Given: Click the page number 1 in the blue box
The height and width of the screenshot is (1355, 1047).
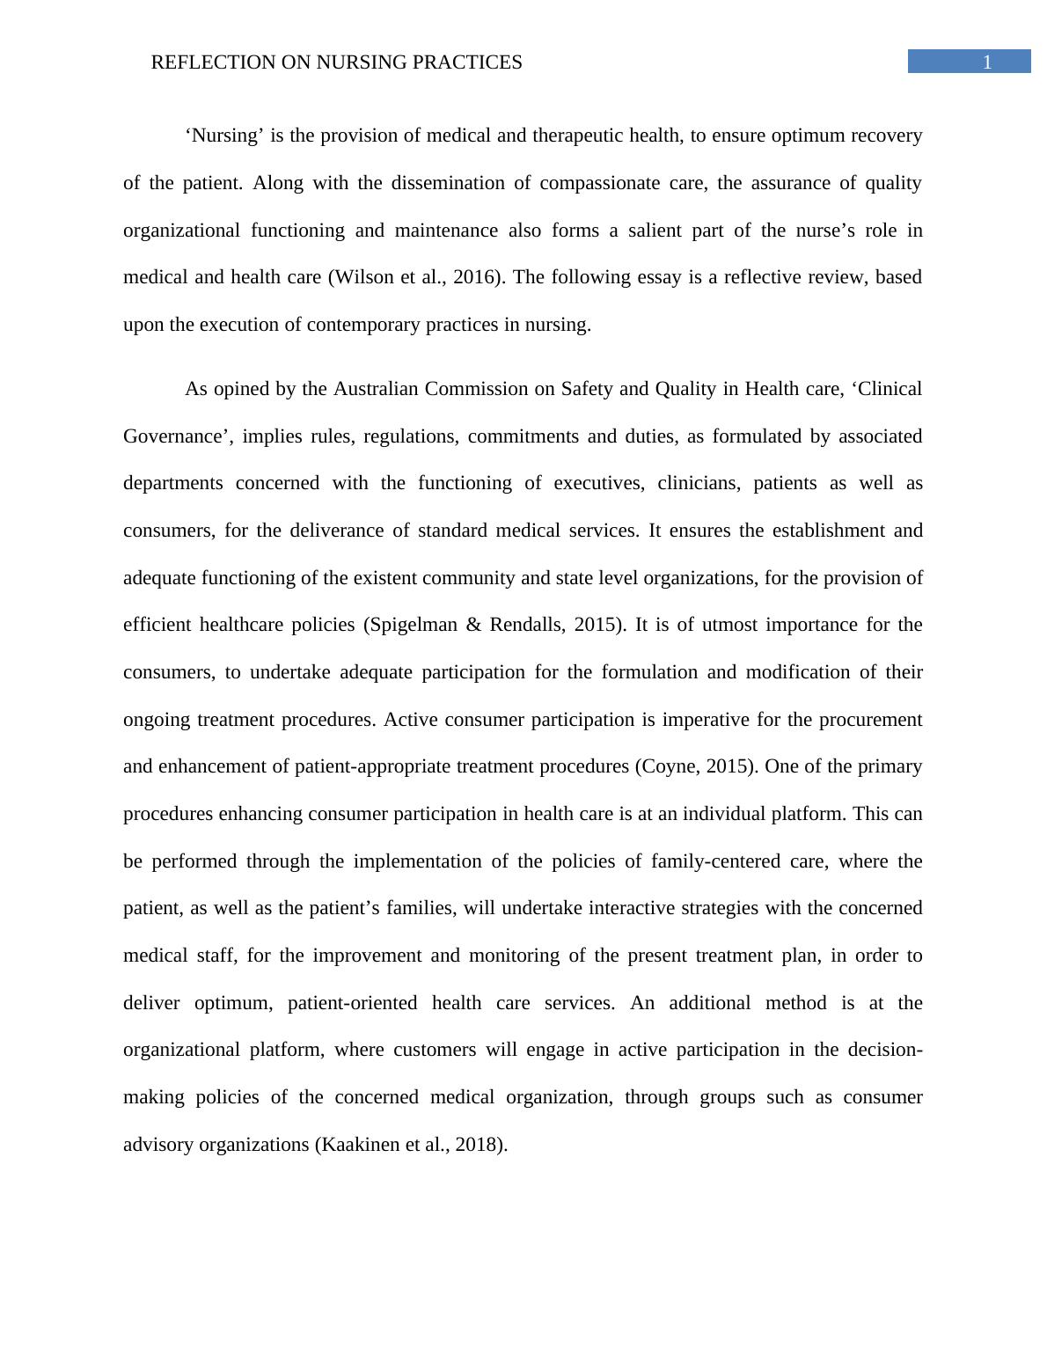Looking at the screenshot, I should point(987,62).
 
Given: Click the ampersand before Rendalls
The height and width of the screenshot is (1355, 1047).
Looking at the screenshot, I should point(474,625).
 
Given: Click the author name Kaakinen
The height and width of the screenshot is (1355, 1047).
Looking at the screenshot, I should point(358,1145).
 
